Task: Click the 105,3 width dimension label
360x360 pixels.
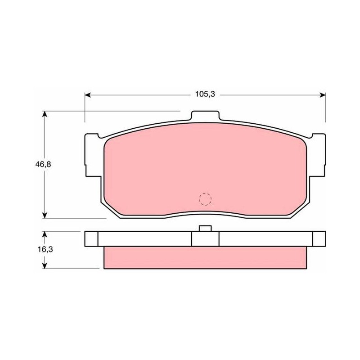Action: [205, 94]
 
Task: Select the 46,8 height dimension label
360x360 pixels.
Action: [43, 164]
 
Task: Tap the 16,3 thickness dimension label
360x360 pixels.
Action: [45, 249]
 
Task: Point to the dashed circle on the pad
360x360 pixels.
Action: [205, 199]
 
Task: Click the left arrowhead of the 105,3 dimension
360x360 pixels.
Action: [87, 95]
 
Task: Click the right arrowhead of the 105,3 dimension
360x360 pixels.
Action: [323, 95]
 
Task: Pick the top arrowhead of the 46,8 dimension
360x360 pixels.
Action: [45, 114]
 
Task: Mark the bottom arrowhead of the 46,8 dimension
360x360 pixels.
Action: [45, 216]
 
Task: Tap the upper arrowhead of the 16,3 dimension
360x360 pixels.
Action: [45, 234]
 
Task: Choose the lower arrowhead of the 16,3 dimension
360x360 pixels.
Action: [45, 265]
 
